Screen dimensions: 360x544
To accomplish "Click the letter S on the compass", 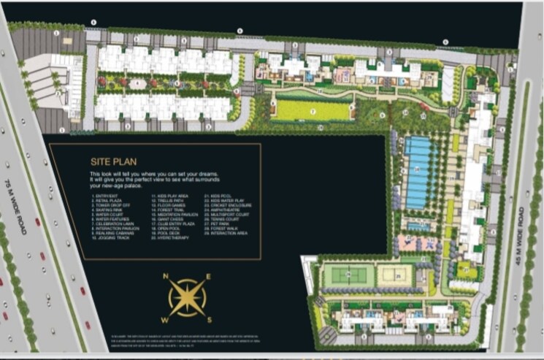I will coord(208,319).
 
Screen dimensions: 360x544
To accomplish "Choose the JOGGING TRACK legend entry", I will coord(110,238).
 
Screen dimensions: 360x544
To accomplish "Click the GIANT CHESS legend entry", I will coord(168,218).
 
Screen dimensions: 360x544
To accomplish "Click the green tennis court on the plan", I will coord(348,275).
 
